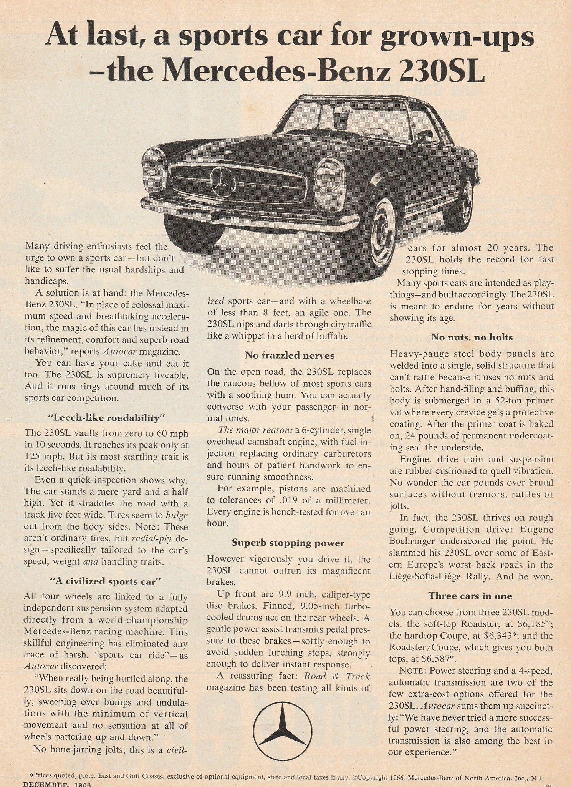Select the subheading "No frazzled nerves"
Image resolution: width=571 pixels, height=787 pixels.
click(x=289, y=355)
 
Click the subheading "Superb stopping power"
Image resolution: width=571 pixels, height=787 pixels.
click(x=288, y=543)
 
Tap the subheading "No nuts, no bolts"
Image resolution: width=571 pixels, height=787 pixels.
click(x=472, y=337)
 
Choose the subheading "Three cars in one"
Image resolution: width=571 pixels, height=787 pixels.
click(x=470, y=596)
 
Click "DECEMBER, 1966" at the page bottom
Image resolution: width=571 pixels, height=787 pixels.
click(x=57, y=784)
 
